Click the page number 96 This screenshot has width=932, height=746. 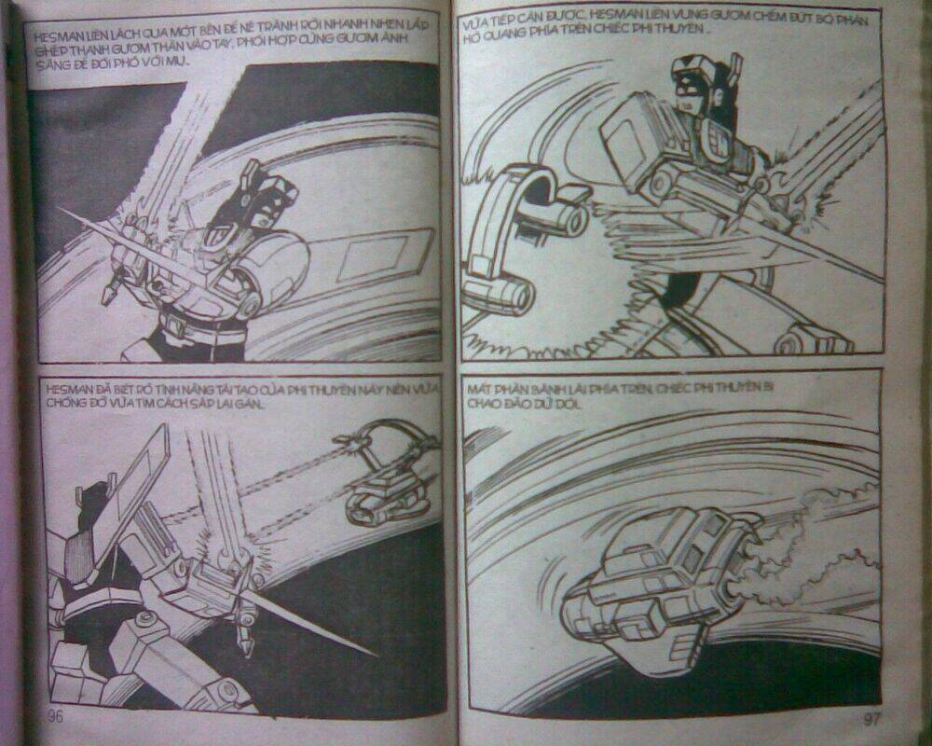click(51, 716)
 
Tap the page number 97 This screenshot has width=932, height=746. click(871, 719)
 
